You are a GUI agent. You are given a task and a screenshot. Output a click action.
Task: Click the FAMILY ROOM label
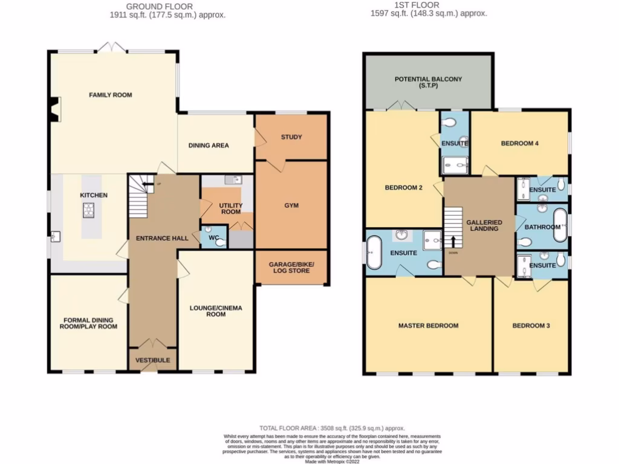pyautogui.click(x=111, y=95)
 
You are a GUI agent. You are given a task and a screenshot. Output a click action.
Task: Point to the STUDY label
pyautogui.click(x=291, y=137)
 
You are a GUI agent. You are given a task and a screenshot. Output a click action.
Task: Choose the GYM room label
pyautogui.click(x=291, y=205)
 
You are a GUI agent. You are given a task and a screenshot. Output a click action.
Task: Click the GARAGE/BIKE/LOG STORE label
pyautogui.click(x=291, y=267)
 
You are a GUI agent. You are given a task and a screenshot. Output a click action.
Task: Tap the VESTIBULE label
pyautogui.click(x=152, y=361)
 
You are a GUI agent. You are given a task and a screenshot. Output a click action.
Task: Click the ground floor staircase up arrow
pyautogui.click(x=147, y=187)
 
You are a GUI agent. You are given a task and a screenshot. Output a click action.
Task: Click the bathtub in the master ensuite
pyautogui.click(x=375, y=253)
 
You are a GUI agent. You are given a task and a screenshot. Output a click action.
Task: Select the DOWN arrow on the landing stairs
pyautogui.click(x=453, y=240)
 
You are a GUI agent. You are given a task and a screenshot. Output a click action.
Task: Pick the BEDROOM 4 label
pyautogui.click(x=519, y=143)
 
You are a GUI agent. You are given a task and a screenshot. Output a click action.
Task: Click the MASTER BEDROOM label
pyautogui.click(x=428, y=326)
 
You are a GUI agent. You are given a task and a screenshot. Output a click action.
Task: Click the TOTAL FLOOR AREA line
pyautogui.click(x=332, y=428)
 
